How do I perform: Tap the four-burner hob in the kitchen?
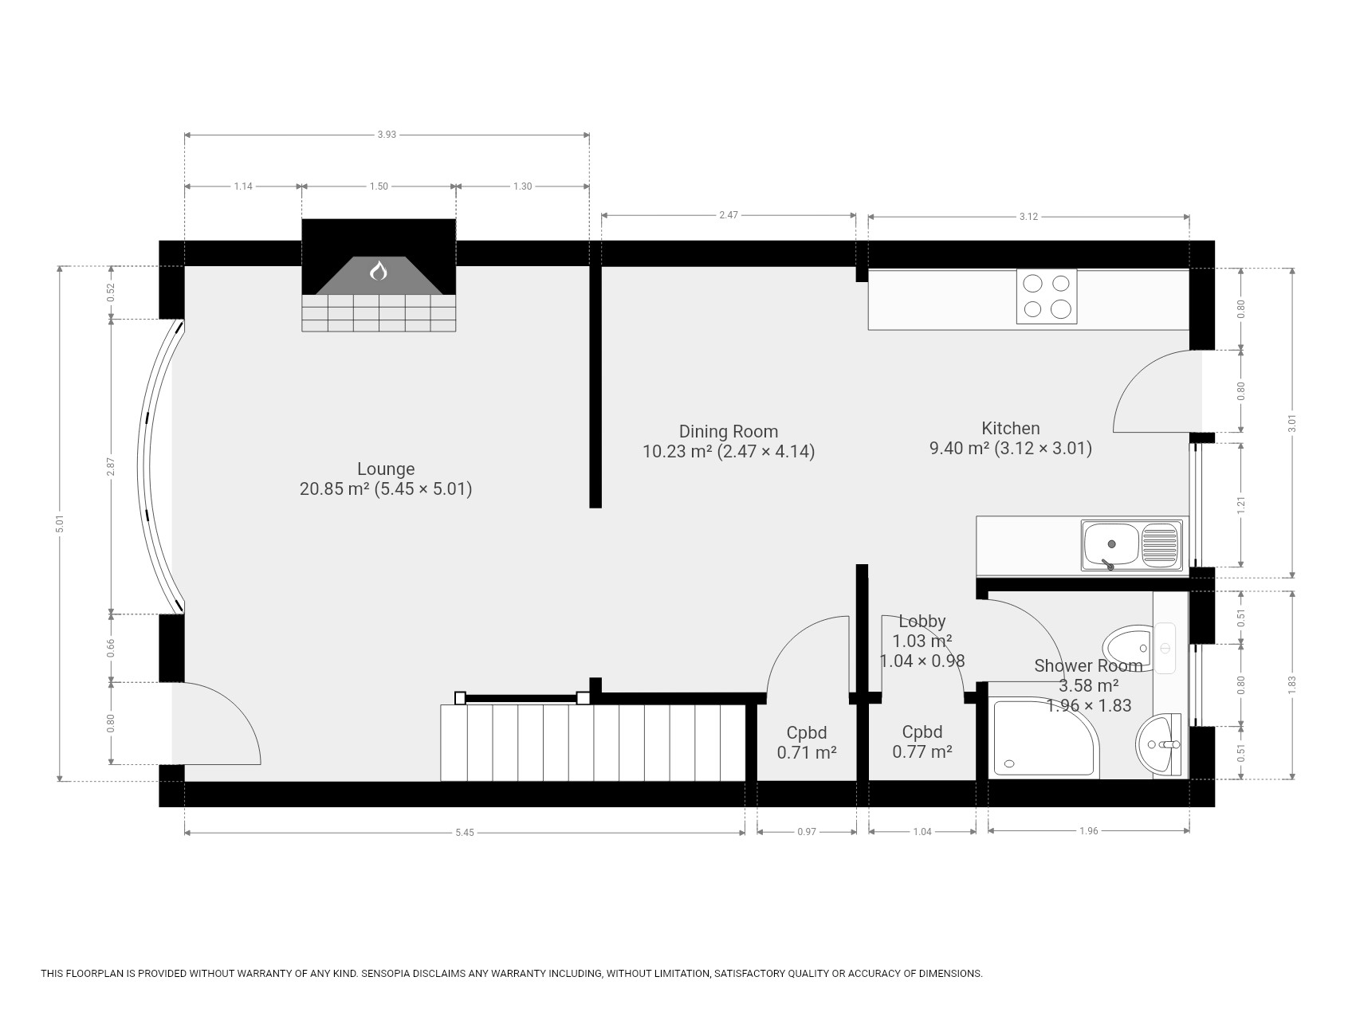point(1047,296)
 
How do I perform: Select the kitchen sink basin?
point(1110,545)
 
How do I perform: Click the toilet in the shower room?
point(1128,648)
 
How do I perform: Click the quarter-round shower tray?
point(1043,737)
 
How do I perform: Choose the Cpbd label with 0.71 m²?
point(807,742)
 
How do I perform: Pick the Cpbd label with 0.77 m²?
point(922,741)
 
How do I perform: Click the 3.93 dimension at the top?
point(387,135)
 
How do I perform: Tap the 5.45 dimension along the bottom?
point(465,833)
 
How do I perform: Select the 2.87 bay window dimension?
point(112,466)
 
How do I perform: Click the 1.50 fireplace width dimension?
point(379,186)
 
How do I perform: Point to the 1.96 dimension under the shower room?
point(1089,831)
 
